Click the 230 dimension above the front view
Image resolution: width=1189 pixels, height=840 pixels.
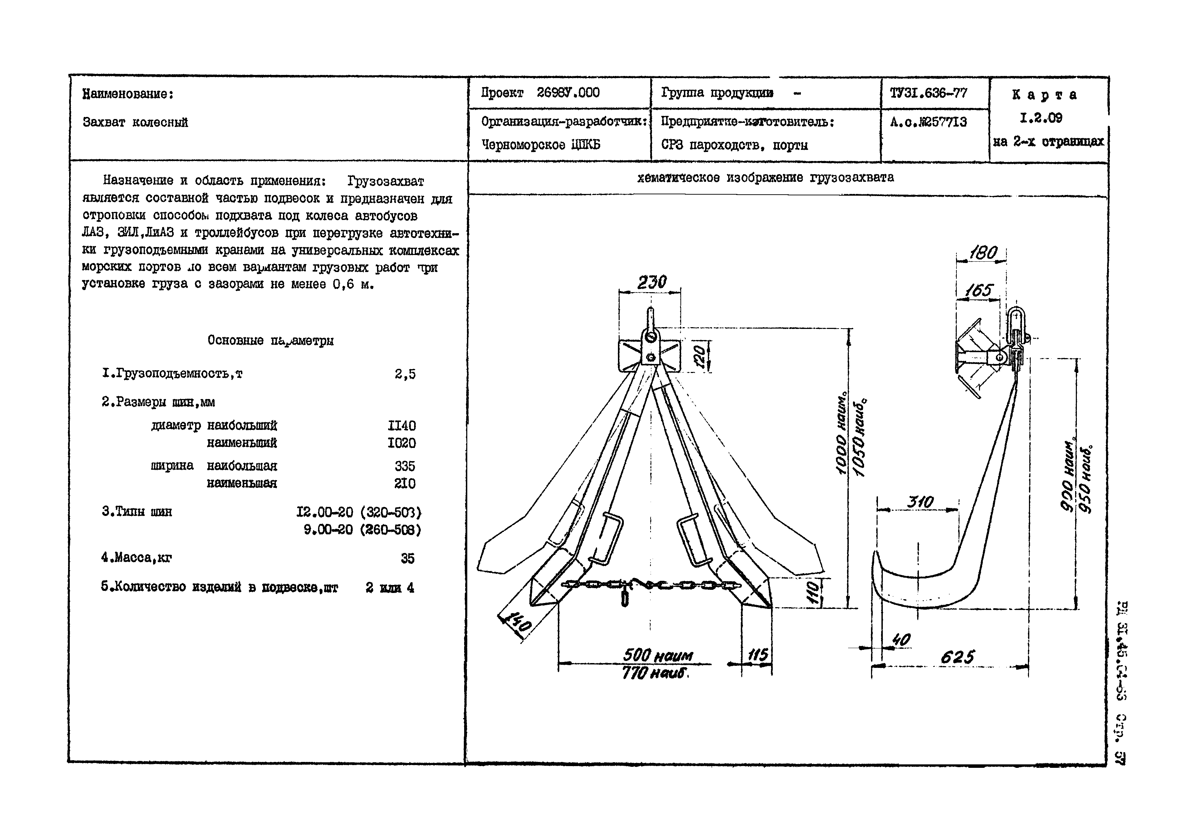(652, 282)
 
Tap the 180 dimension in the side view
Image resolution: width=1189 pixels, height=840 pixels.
(982, 253)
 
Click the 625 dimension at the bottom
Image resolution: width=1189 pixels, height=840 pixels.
(957, 657)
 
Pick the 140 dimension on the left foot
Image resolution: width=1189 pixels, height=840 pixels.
(516, 622)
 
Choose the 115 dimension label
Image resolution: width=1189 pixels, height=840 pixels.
(757, 655)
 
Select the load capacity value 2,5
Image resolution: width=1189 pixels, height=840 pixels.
(405, 374)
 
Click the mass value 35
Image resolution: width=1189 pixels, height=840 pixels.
(408, 558)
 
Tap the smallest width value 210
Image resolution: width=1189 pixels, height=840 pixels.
(404, 483)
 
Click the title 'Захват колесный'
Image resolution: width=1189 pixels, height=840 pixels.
(135, 123)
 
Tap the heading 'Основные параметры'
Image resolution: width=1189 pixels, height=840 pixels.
(270, 341)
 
